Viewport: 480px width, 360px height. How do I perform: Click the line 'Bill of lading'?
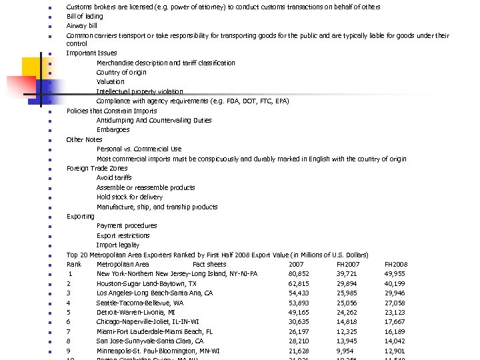(85, 16)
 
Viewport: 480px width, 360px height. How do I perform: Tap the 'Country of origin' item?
(121, 72)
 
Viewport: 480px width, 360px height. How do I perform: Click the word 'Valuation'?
(110, 82)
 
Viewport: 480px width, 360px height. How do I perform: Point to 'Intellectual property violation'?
(139, 91)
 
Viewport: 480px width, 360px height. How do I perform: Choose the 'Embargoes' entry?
(113, 130)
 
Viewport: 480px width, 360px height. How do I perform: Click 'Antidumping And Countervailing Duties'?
(154, 121)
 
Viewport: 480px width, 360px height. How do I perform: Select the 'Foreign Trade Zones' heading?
(97, 169)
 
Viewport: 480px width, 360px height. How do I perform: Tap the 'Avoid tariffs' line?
(114, 178)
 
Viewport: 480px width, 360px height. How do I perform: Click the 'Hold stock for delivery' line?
(129, 197)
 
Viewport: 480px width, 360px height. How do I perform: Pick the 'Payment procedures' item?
(127, 226)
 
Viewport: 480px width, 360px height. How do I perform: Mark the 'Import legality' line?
(118, 245)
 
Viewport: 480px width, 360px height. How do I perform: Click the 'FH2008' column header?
(396, 265)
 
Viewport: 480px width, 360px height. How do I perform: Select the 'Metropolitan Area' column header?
(123, 265)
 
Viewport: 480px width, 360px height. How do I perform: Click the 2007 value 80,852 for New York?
(299, 274)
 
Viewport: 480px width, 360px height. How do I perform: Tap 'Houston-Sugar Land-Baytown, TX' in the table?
(147, 283)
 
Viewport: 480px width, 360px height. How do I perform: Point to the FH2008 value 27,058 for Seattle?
(395, 303)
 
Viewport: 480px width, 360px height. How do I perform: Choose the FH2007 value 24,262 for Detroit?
(347, 312)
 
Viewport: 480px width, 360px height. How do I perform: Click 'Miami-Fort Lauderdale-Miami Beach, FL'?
(155, 331)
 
